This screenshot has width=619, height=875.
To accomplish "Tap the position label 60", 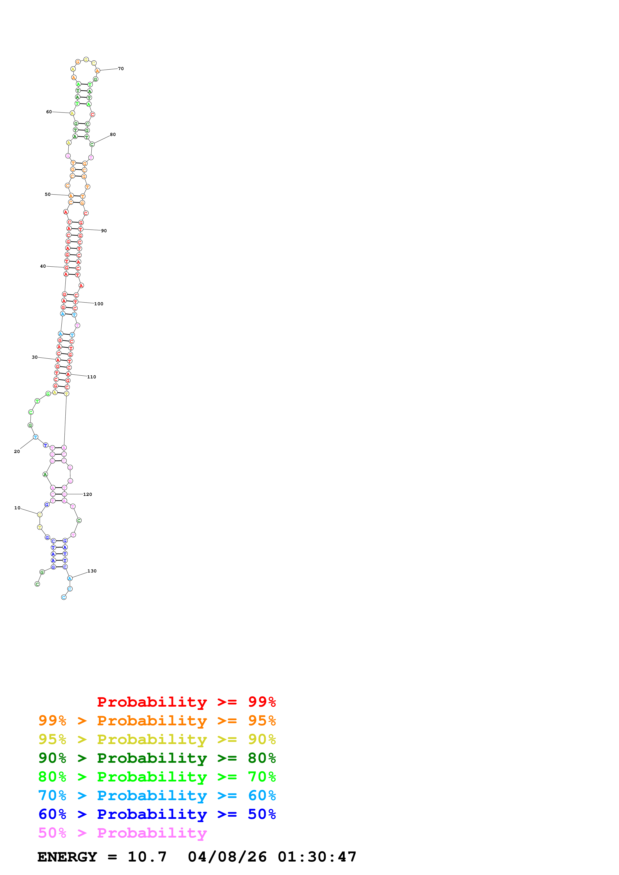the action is [49, 112].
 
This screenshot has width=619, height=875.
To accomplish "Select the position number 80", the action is [113, 134].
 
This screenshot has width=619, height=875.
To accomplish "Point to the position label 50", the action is [48, 194].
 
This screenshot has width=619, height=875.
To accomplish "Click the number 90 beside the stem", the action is [104, 230].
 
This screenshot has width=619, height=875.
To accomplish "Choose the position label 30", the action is [35, 357].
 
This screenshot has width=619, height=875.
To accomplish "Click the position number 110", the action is [92, 377].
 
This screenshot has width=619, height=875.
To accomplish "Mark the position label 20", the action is [17, 451].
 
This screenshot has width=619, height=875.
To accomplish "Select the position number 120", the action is [87, 494].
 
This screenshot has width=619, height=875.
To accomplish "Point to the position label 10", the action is [17, 508].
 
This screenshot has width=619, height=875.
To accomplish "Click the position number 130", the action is [92, 571].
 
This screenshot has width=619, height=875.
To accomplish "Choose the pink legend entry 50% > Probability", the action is [122, 833].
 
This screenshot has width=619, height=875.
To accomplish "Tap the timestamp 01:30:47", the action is [317, 857].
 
